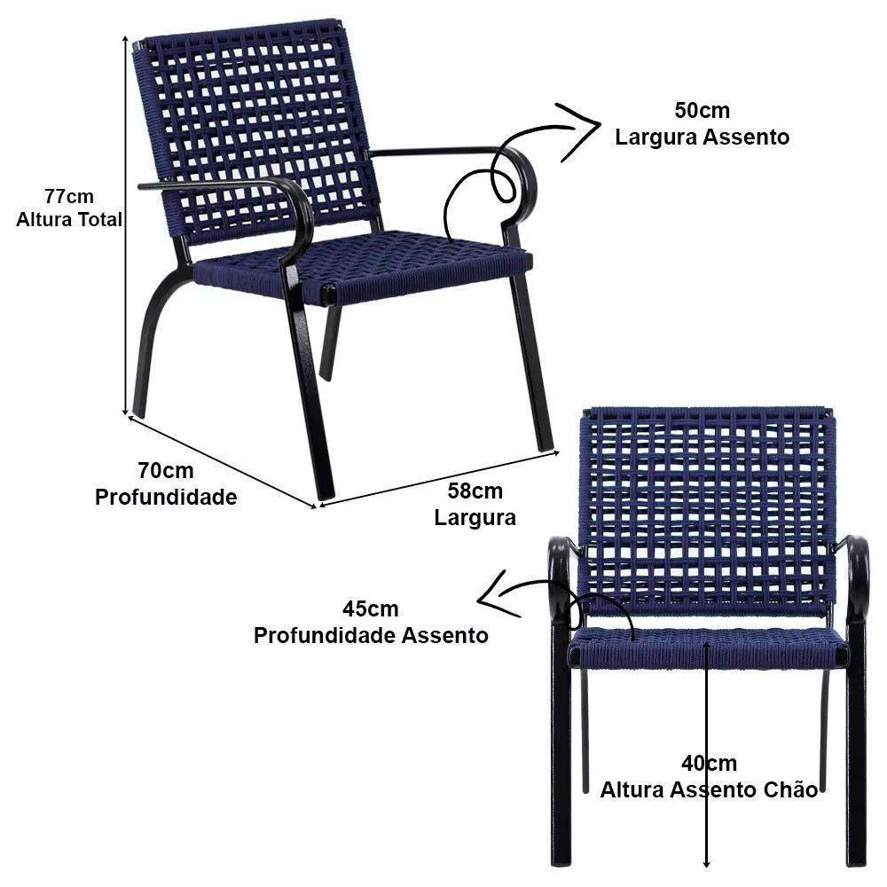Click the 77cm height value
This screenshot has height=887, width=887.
click(69, 196)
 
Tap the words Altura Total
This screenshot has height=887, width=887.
click(69, 219)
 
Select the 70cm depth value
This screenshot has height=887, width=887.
click(166, 470)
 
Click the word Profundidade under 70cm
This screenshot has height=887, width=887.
click(166, 497)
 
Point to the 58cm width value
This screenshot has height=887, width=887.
click(475, 491)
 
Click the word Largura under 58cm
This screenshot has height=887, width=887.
click(475, 517)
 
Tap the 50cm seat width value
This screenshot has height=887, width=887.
click(702, 110)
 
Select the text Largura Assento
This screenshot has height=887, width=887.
click(702, 137)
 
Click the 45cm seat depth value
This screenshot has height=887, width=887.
click(371, 608)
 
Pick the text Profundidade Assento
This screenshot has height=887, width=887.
click(371, 635)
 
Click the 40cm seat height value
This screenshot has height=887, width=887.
click(710, 763)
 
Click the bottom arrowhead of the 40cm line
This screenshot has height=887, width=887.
click(706, 863)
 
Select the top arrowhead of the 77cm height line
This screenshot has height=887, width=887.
click(125, 38)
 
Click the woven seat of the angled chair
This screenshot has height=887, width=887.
click(362, 266)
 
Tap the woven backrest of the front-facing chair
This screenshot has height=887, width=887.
click(708, 509)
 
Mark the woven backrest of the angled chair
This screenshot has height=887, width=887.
click(255, 130)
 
